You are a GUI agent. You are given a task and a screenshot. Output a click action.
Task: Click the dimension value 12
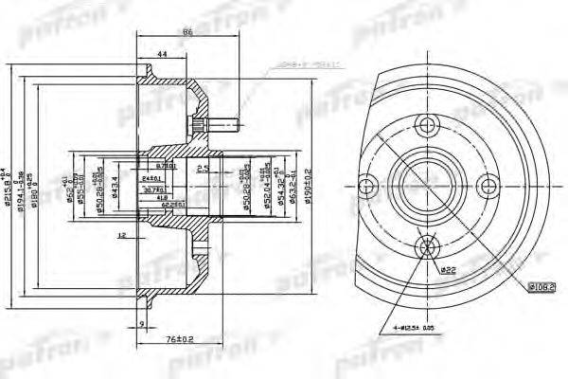122,233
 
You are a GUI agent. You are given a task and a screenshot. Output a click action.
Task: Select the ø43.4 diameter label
115,186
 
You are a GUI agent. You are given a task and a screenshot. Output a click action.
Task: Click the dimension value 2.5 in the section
200,170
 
